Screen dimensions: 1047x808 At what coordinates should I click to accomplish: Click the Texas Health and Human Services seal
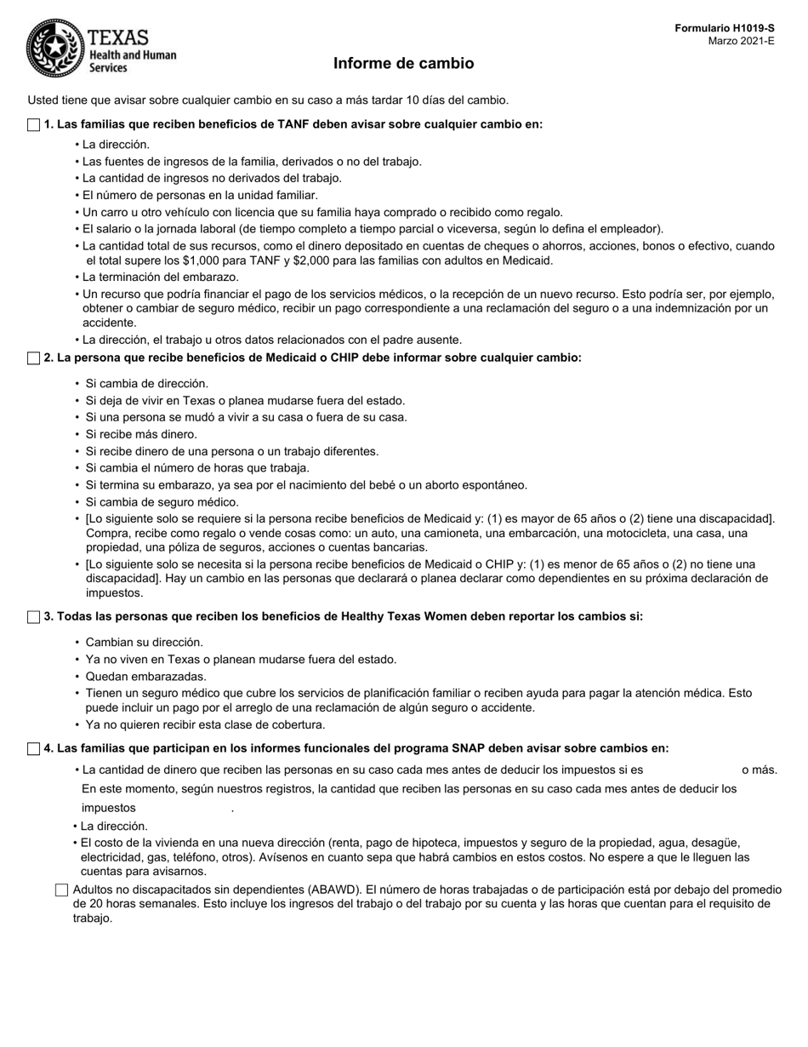(55, 49)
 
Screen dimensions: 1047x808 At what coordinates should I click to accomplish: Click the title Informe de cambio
(403, 63)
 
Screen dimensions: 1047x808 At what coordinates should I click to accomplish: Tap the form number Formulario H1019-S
(725, 28)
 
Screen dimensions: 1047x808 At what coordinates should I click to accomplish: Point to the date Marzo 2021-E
(742, 41)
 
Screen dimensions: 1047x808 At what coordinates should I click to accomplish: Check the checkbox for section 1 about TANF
(33, 125)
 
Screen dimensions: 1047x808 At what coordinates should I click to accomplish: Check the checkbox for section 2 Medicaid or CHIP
(33, 358)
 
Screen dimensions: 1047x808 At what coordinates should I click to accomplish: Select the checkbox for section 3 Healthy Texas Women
(33, 617)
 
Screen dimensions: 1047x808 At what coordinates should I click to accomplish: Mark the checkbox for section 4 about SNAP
(33, 749)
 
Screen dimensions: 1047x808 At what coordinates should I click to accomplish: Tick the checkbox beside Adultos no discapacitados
(61, 890)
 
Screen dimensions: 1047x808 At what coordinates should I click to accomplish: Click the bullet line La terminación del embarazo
(160, 277)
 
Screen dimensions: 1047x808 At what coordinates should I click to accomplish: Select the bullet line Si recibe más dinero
(140, 434)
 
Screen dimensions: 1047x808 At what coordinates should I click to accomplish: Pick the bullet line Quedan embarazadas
(145, 676)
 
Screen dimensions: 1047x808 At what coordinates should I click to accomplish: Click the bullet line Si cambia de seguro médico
(162, 502)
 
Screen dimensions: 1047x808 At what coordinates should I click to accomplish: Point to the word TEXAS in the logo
(118, 37)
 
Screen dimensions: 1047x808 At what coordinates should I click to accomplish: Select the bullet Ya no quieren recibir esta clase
(205, 725)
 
